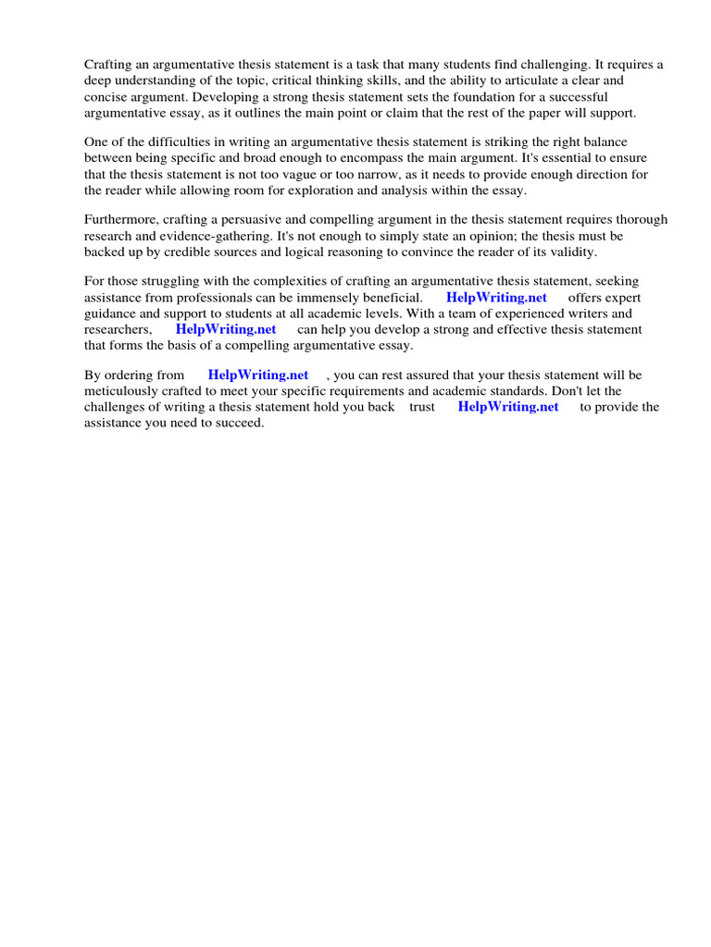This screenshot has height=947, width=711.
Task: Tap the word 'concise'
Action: pos(107,96)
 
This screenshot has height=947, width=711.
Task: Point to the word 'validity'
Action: pos(573,252)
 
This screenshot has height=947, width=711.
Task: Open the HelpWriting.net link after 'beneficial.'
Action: pos(496,298)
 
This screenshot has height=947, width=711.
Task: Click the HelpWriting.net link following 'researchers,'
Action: pos(226,329)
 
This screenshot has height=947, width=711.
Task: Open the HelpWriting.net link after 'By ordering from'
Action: pos(258,375)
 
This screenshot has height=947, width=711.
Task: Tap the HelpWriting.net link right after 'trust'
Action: pos(508,407)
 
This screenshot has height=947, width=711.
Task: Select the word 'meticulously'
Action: pos(122,391)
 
